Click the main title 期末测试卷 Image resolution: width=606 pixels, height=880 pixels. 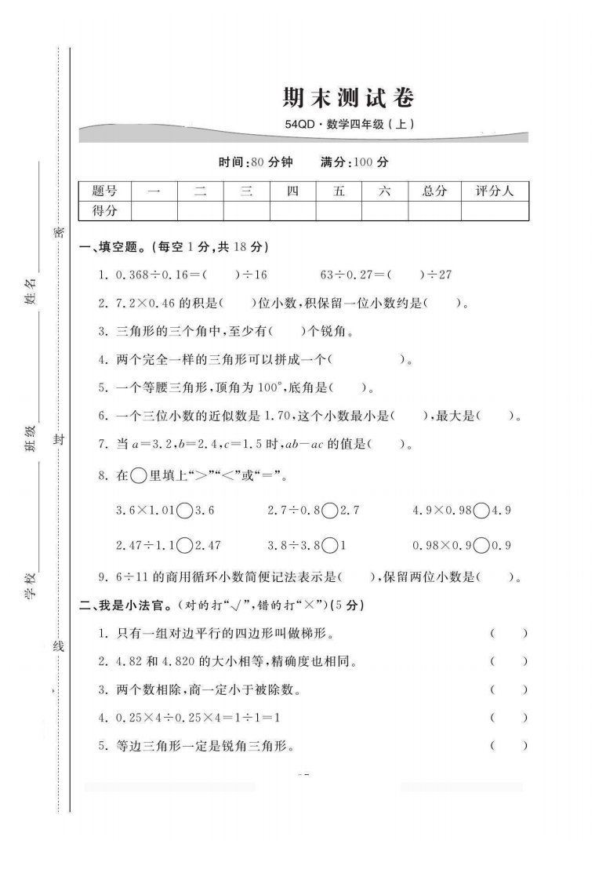pyautogui.click(x=347, y=98)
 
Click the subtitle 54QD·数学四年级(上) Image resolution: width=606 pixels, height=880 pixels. pyautogui.click(x=348, y=124)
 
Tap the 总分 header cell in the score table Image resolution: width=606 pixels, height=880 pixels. pyautogui.click(x=434, y=191)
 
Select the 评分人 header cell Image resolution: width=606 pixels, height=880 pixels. pyautogui.click(x=495, y=191)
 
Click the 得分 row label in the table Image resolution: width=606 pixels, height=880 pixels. pyautogui.click(x=104, y=211)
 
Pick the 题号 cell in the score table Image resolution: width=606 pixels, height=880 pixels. pyautogui.click(x=104, y=191)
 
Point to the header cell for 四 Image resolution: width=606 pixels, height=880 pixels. pyautogui.click(x=292, y=191)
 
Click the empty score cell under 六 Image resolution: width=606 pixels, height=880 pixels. pyautogui.click(x=384, y=211)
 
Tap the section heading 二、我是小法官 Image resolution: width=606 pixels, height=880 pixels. pyautogui.click(x=126, y=605)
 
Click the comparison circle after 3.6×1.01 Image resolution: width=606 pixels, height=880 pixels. pyautogui.click(x=185, y=511)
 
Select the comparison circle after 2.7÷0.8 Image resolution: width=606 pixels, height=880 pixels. pyautogui.click(x=329, y=511)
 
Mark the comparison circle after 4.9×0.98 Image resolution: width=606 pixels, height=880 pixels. pyautogui.click(x=482, y=511)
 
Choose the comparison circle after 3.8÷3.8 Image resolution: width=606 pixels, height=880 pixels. pyautogui.click(x=329, y=545)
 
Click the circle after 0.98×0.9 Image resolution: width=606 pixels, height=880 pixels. pyautogui.click(x=482, y=545)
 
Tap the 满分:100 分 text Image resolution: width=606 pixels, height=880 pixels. pyautogui.click(x=354, y=163)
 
